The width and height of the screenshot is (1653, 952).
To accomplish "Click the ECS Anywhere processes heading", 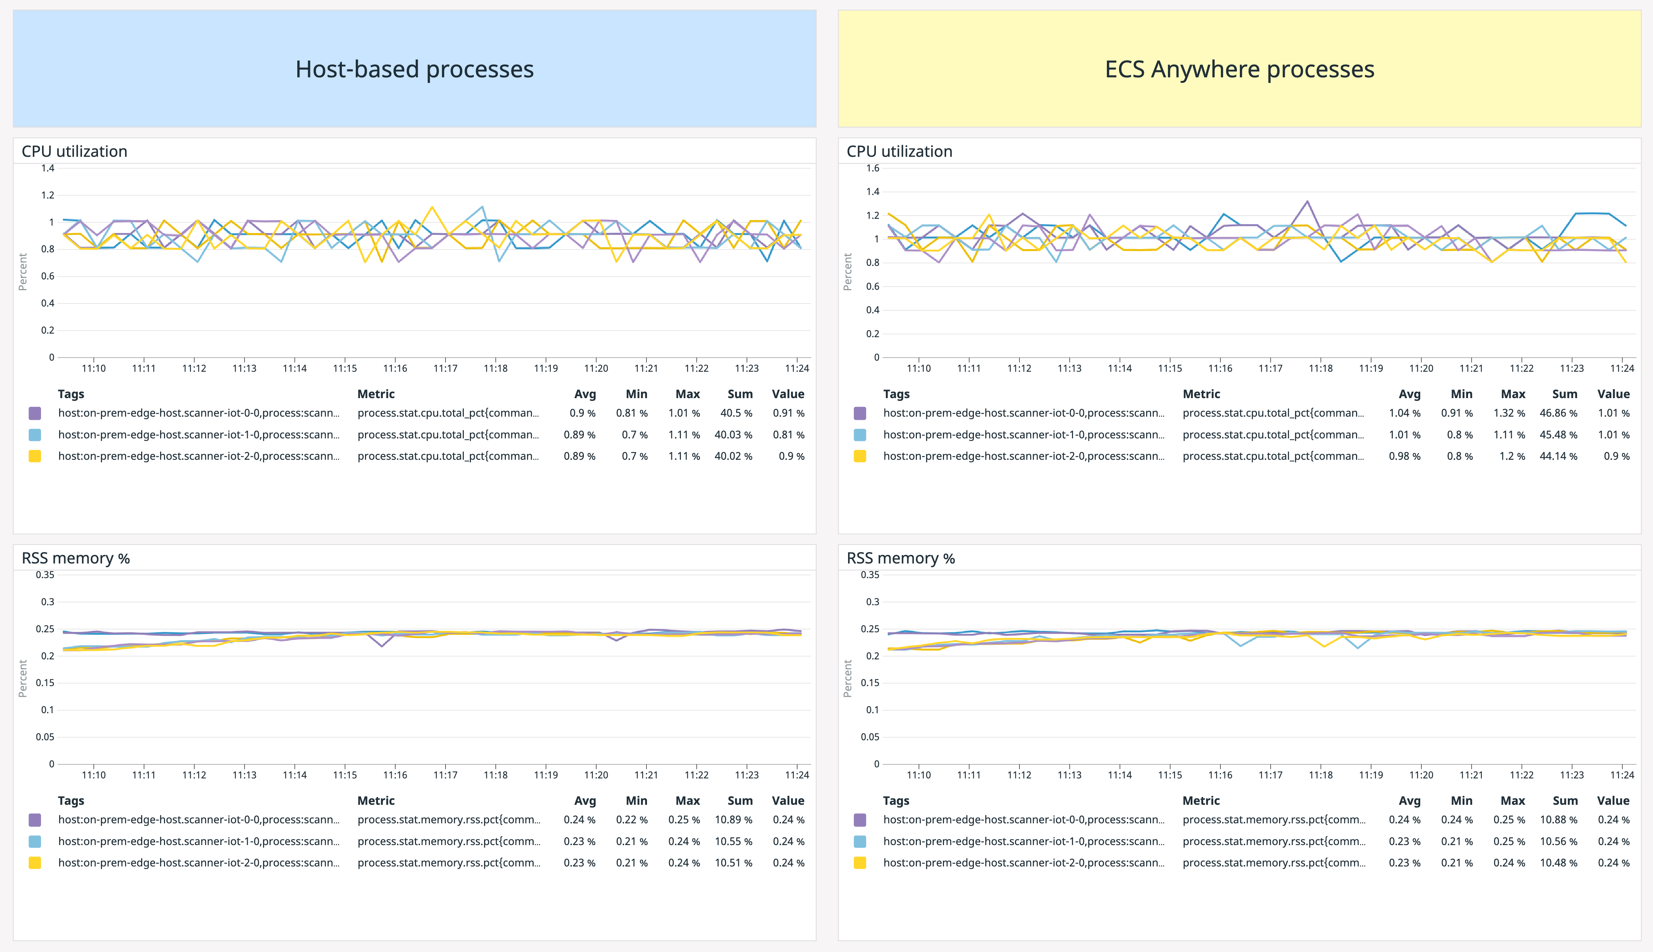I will pyautogui.click(x=1239, y=69).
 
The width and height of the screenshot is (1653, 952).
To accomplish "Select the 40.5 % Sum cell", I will pyautogui.click(x=736, y=413).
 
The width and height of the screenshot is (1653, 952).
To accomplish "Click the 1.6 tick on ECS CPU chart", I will pyautogui.click(x=873, y=168).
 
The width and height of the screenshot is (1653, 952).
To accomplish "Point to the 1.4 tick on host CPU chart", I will pyautogui.click(x=48, y=168).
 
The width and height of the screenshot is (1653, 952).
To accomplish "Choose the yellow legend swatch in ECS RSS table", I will pyautogui.click(x=860, y=863).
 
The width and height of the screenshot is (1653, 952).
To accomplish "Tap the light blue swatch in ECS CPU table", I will pyautogui.click(x=860, y=435).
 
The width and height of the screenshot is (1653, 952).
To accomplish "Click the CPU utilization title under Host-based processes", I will pyautogui.click(x=75, y=152).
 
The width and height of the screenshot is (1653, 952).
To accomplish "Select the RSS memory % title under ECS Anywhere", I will pyautogui.click(x=900, y=559).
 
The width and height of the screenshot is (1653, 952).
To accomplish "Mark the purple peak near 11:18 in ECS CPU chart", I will pyautogui.click(x=1307, y=201).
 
